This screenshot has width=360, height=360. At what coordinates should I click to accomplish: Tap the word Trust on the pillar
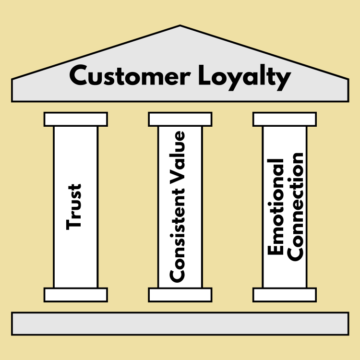pyautogui.click(x=74, y=206)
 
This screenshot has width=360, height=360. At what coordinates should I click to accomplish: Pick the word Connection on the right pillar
pyautogui.click(x=297, y=206)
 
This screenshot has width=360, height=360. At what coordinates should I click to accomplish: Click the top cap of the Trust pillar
pyautogui.click(x=75, y=119)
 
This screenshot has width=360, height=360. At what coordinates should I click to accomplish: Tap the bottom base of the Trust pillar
pyautogui.click(x=75, y=295)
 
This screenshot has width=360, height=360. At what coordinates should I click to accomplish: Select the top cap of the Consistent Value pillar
pyautogui.click(x=180, y=119)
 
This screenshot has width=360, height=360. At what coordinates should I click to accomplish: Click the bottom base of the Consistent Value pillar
pyautogui.click(x=180, y=295)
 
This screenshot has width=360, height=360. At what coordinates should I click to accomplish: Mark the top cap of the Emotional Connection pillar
pyautogui.click(x=285, y=119)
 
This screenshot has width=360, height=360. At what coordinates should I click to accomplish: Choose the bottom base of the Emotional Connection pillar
pyautogui.click(x=285, y=295)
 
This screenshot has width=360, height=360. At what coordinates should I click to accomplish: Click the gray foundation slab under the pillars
pyautogui.click(x=180, y=324)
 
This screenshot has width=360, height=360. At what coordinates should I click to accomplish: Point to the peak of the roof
pyautogui.click(x=180, y=28)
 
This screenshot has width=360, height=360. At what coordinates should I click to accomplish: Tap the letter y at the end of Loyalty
pyautogui.click(x=283, y=80)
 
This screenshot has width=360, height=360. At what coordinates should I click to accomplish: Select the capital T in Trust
pyautogui.click(x=74, y=223)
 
